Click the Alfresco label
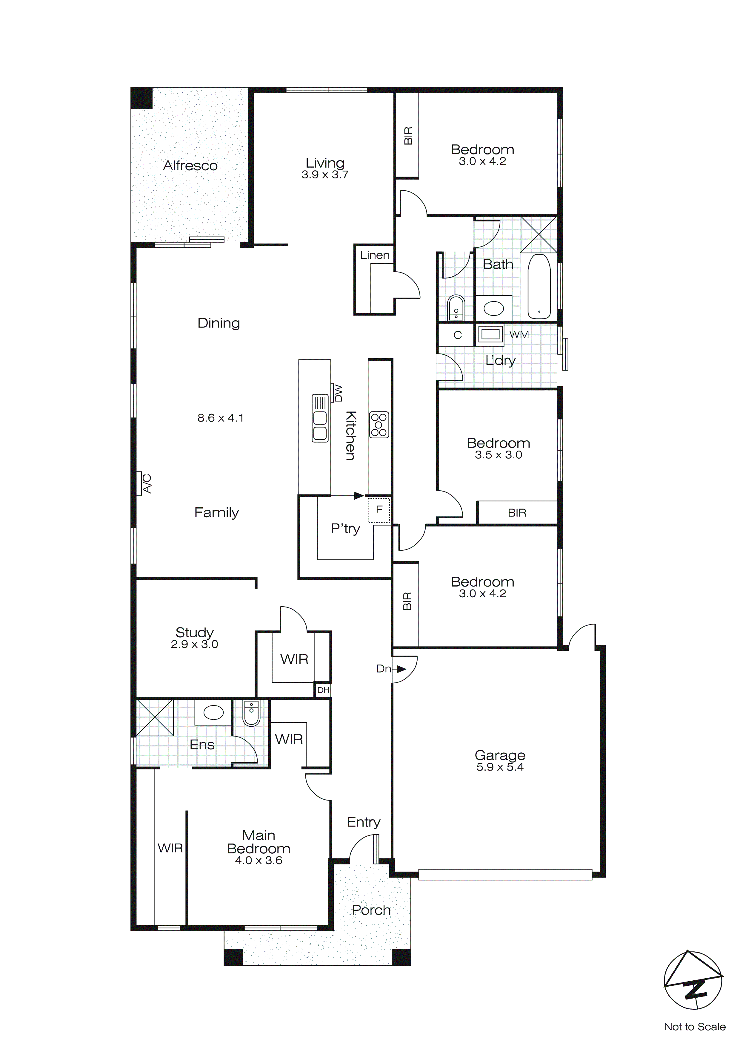190,166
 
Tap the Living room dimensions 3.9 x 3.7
324,175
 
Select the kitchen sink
320,418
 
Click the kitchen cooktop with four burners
379,425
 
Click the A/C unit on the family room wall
145,483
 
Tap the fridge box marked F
379,510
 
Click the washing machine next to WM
490,334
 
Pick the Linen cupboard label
375,255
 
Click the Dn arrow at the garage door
400,669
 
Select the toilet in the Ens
251,714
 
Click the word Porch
371,910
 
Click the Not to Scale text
694,1027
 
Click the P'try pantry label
345,529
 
